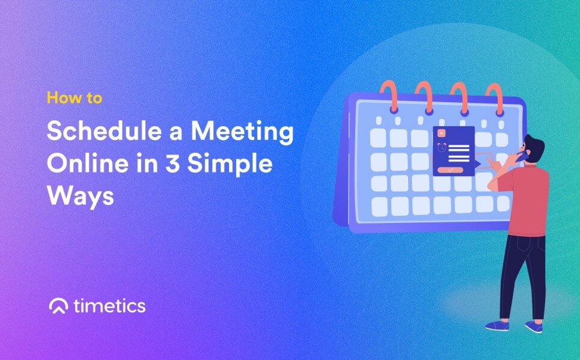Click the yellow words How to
click(74, 98)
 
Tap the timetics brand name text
click(109, 306)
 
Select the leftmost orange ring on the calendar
click(387, 96)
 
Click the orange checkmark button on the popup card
click(450, 170)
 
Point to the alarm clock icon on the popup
click(441, 147)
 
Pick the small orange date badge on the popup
click(441, 132)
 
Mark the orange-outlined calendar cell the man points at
click(484, 160)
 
